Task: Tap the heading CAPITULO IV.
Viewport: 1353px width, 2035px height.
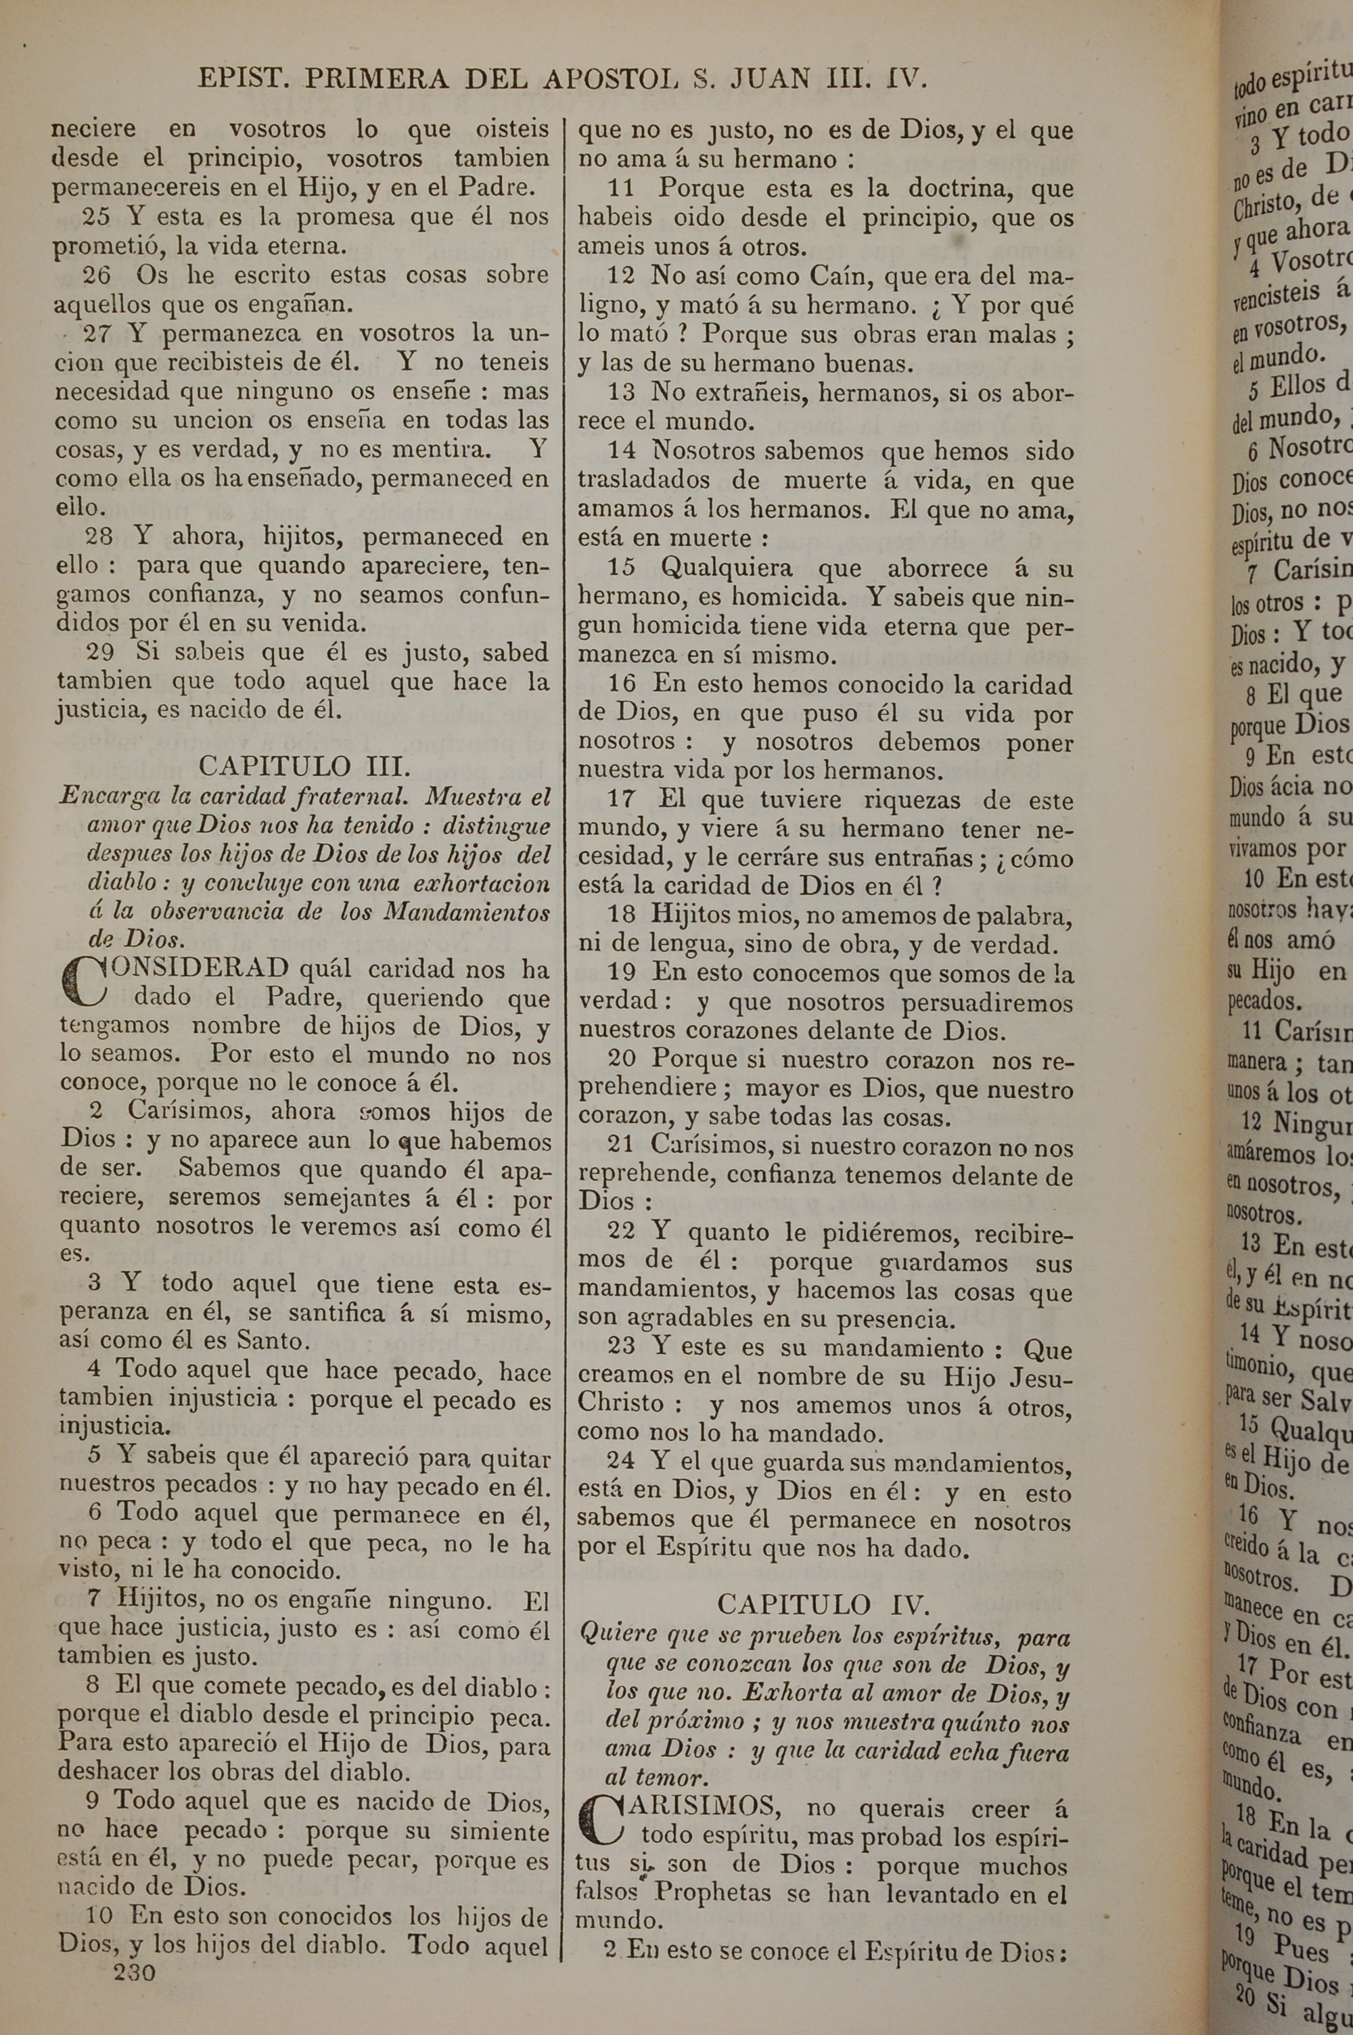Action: [x=823, y=1580]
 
